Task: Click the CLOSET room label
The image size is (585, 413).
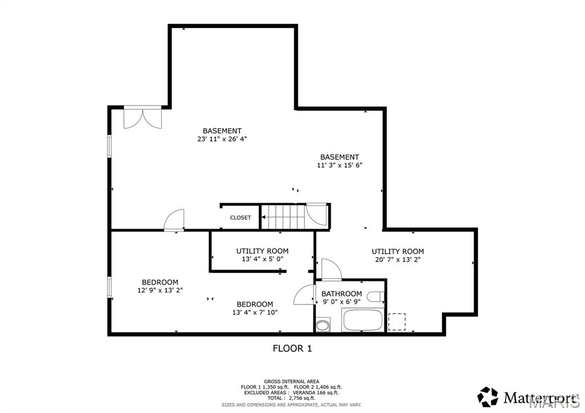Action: pos(241,218)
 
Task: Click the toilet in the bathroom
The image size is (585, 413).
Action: pos(375,296)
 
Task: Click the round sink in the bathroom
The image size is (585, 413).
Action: pos(323,326)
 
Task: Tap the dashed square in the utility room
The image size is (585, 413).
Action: pos(396,322)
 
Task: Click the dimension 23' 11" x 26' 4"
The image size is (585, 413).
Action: pos(222,139)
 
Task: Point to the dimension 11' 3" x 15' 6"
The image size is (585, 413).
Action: pos(339,165)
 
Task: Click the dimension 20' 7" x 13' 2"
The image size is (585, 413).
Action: pos(398,259)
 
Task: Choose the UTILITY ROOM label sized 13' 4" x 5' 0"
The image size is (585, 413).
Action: pos(262,251)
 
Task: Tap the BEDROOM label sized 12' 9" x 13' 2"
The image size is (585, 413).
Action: pos(160,282)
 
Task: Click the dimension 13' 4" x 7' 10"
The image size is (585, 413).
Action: pos(255,312)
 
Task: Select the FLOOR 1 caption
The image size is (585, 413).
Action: pos(292,348)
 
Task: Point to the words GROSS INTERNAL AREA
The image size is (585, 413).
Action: pos(291,381)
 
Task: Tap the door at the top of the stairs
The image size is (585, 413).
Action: pos(316,214)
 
